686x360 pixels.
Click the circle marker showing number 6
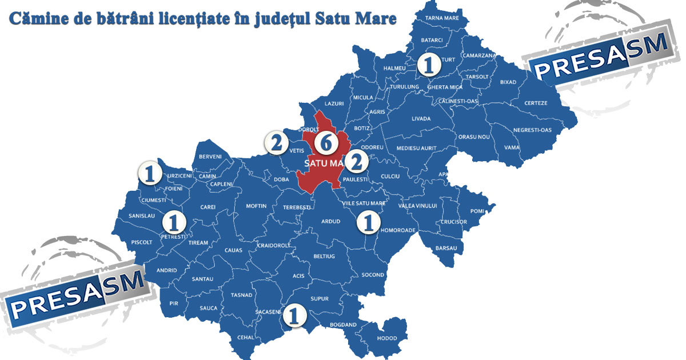pos(325,143)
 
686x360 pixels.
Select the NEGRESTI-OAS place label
pos(532,130)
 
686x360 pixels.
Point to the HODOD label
pos(387,338)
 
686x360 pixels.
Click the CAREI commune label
pos(208,207)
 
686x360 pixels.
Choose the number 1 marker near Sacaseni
pos(294,315)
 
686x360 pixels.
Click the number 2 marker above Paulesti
pos(356,162)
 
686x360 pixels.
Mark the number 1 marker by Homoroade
pos(369,222)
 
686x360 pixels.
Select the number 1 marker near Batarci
pos(429,65)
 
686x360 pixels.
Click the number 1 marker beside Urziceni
pos(150,173)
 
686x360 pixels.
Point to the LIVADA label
pos(421,119)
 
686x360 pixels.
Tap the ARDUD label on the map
pos(330,221)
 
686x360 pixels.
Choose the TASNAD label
pos(241,295)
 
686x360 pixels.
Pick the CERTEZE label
pos(536,103)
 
